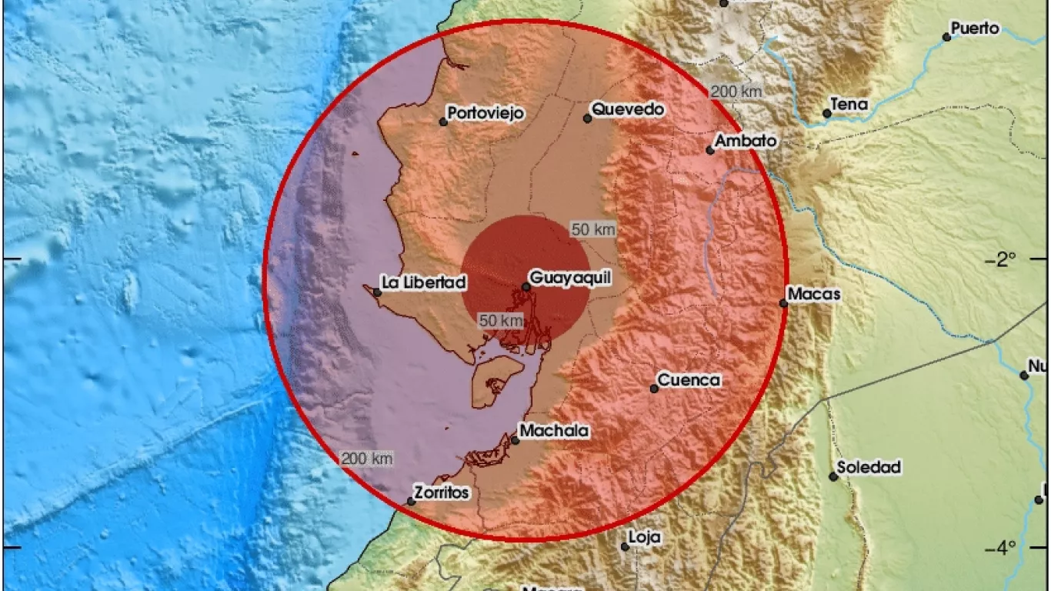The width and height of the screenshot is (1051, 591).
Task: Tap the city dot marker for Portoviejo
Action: [x=443, y=122]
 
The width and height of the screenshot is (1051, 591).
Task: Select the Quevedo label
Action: [x=629, y=110]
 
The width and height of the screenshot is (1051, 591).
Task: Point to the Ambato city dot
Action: [x=710, y=150]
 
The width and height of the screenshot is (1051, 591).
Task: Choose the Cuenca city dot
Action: [x=654, y=389]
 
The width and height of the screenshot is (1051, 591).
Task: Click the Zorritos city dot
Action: [x=411, y=502]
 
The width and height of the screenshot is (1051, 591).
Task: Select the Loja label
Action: [x=645, y=538]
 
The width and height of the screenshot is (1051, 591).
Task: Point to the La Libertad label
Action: [x=424, y=283]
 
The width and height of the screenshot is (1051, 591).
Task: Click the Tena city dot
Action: [x=827, y=113]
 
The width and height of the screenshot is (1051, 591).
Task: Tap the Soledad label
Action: [x=869, y=467]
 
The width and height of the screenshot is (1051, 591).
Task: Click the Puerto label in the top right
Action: [x=975, y=29]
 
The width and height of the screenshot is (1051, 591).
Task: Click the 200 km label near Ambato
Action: [x=736, y=92]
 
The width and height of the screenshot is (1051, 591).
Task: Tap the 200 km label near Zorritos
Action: [x=367, y=459]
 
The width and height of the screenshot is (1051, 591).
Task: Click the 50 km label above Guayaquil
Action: [x=593, y=229]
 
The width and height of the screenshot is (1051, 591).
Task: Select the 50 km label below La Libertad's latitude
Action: [x=501, y=320]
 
